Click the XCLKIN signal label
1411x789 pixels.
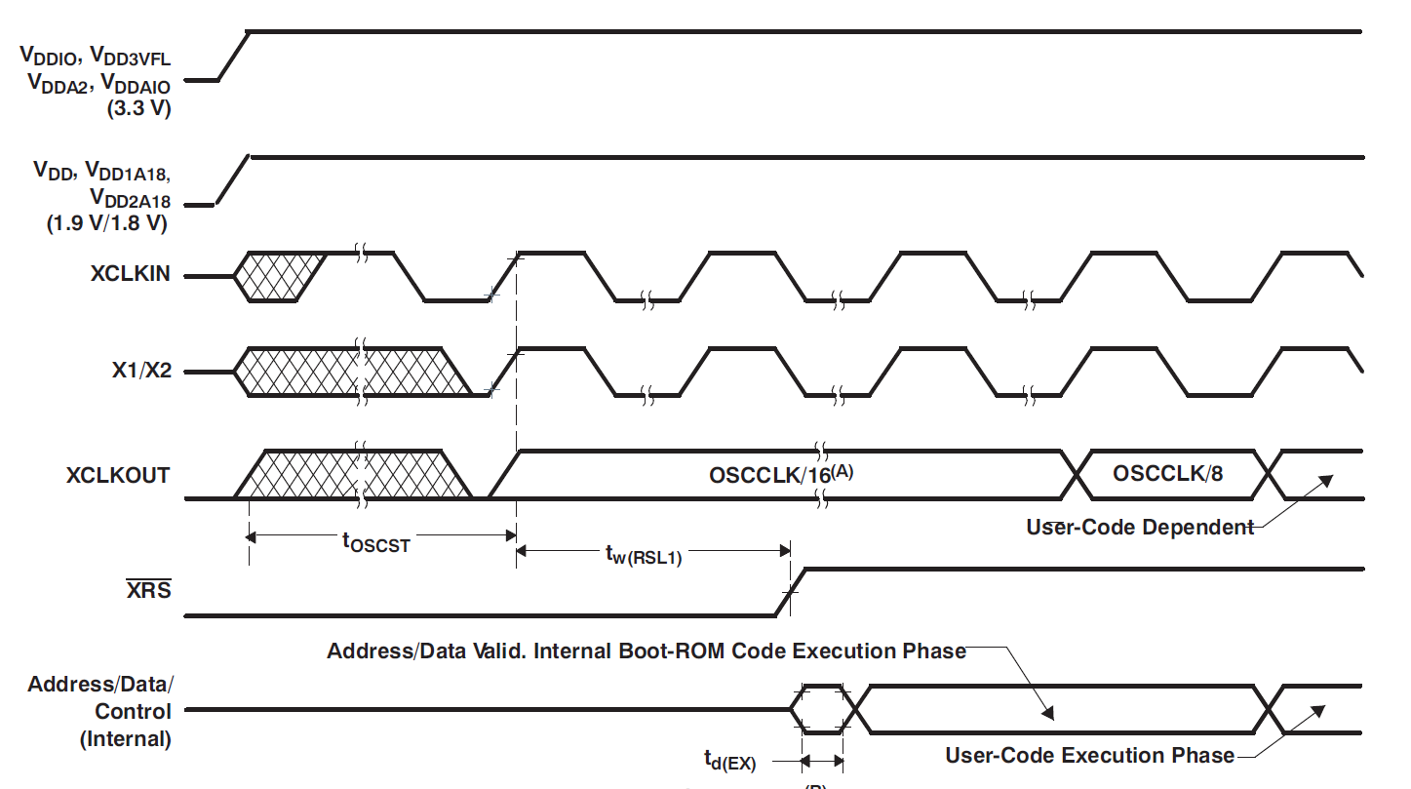click(x=130, y=275)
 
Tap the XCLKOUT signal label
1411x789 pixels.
click(x=118, y=476)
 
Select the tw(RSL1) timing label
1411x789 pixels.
click(x=642, y=557)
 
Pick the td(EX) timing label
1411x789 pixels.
click(x=729, y=760)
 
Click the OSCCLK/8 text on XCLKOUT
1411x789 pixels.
click(x=1167, y=474)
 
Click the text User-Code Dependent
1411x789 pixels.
click(x=1140, y=528)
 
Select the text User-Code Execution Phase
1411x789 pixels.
click(x=1089, y=755)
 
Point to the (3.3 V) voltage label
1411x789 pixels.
click(x=138, y=109)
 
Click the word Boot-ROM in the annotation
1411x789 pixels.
click(x=666, y=651)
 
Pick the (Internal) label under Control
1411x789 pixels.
click(x=125, y=738)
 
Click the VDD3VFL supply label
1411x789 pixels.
click(x=131, y=58)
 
